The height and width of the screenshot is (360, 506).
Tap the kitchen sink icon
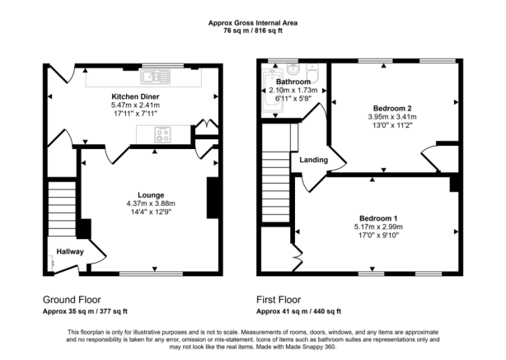click(x=154, y=77)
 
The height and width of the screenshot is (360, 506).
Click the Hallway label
click(x=69, y=251)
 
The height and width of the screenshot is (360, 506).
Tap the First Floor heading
click(x=279, y=300)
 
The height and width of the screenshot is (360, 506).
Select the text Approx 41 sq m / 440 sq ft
click(x=299, y=312)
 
